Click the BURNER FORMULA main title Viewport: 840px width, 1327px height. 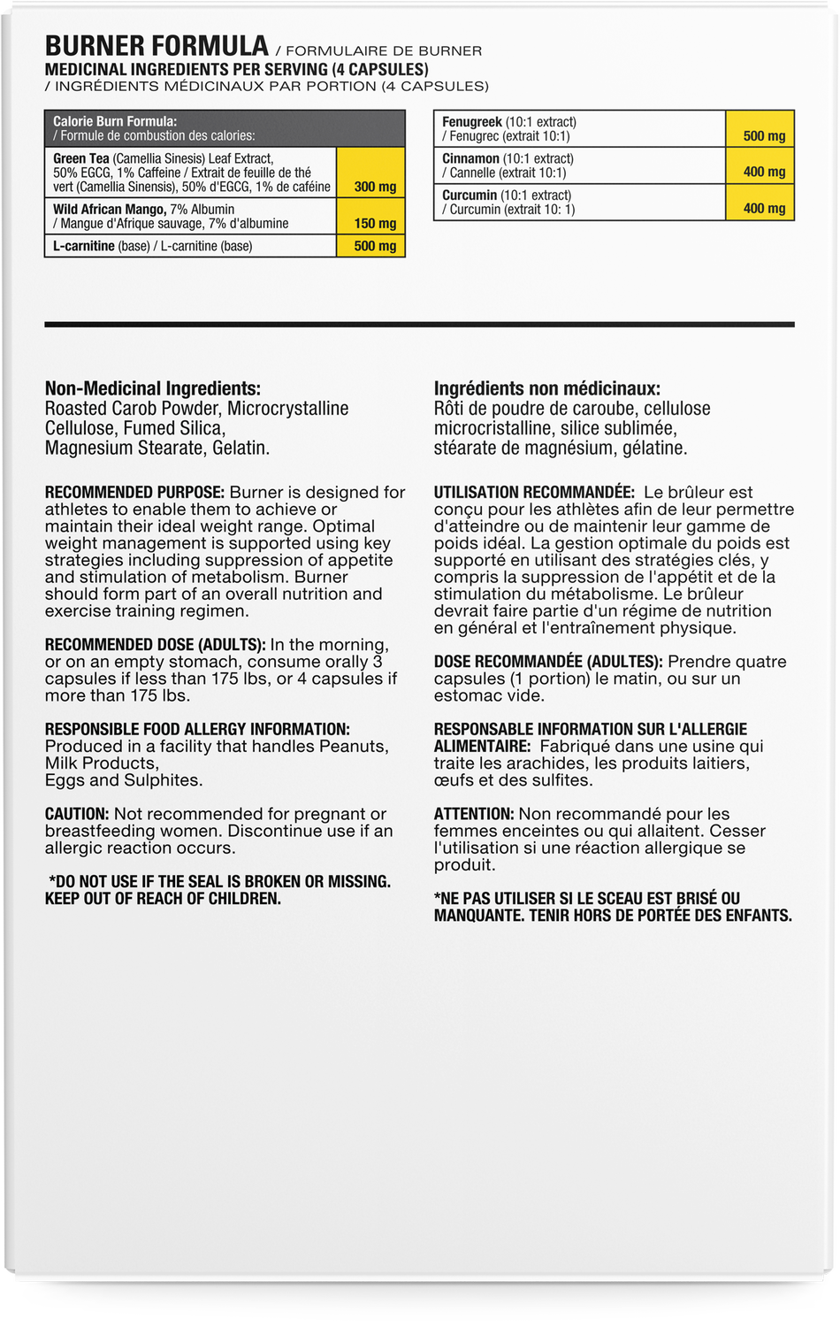point(157,46)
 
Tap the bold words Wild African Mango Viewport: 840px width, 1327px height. point(109,210)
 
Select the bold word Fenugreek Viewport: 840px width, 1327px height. point(472,122)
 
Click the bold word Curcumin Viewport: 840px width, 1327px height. point(470,196)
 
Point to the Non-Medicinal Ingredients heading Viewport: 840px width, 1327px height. point(153,388)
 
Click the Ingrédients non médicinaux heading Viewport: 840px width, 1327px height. point(547,388)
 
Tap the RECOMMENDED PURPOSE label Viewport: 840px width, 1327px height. point(135,493)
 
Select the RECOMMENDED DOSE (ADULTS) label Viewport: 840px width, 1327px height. point(156,645)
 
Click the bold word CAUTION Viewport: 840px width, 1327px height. point(77,814)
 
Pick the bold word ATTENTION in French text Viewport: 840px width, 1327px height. point(474,814)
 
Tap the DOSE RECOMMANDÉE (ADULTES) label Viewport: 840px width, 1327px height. point(548,662)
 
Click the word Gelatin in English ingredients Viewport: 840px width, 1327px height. point(241,448)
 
